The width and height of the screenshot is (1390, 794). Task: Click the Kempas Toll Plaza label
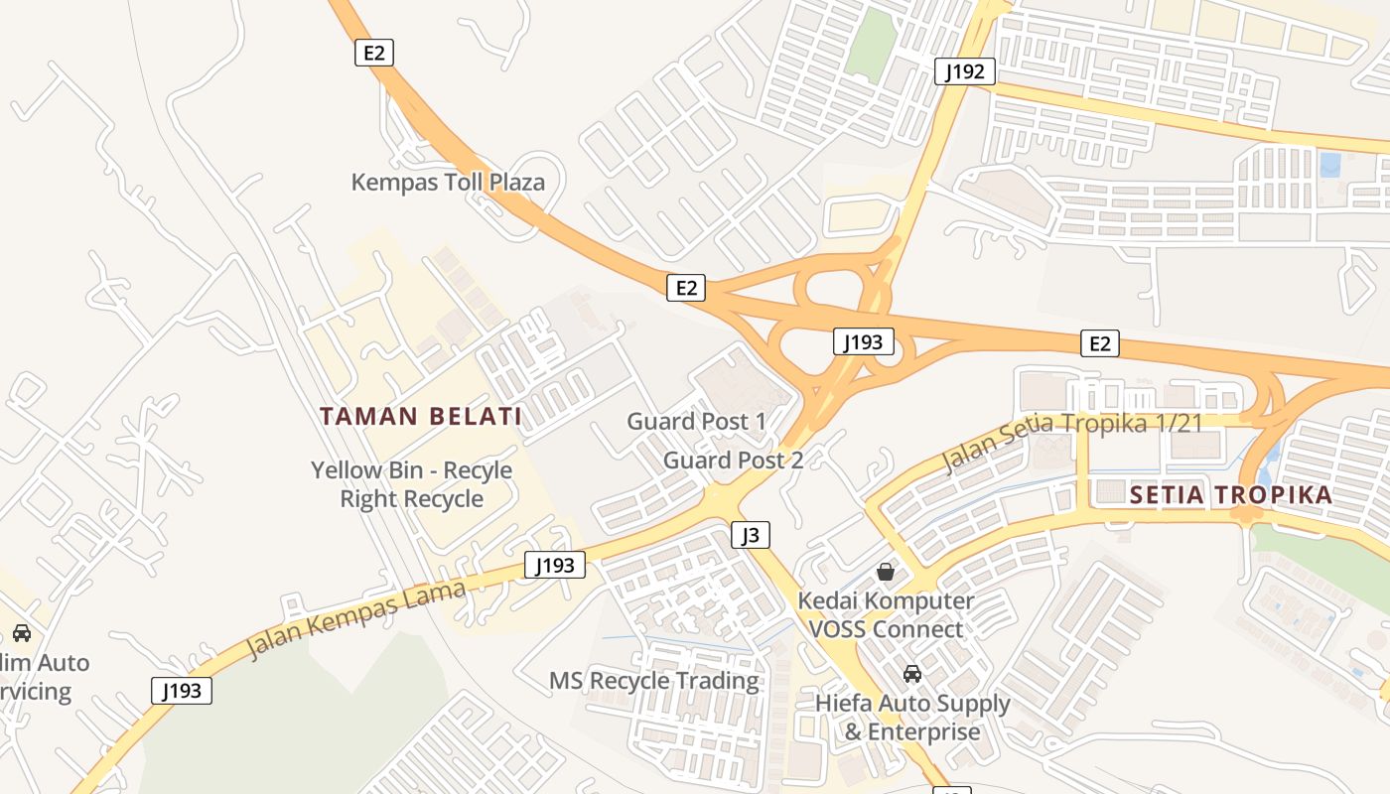(448, 183)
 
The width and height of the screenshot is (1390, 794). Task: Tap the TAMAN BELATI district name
(421, 416)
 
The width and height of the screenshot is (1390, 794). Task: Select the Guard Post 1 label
(696, 422)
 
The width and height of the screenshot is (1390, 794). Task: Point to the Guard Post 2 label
(733, 461)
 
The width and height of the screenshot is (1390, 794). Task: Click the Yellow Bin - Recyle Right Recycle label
(411, 484)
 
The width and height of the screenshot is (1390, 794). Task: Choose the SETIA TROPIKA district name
(1231, 495)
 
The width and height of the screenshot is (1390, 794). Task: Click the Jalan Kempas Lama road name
(355, 620)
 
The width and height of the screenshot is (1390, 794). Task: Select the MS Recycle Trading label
(654, 681)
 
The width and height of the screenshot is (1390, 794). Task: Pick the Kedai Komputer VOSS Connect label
(886, 615)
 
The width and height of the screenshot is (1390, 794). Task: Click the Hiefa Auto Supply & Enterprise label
(912, 718)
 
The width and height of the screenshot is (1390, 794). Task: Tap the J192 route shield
(965, 71)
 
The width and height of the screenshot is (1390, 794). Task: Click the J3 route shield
(751, 536)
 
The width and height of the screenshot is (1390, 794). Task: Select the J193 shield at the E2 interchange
(863, 342)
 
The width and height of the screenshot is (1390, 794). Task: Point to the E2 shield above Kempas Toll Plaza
(374, 53)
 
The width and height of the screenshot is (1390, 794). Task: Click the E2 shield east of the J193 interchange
(1099, 343)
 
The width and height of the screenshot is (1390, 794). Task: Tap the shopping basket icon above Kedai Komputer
(886, 572)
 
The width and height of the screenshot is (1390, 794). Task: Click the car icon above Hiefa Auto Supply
(911, 675)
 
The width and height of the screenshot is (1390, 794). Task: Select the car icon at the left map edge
(21, 633)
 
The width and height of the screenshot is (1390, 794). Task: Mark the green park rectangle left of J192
(871, 46)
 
